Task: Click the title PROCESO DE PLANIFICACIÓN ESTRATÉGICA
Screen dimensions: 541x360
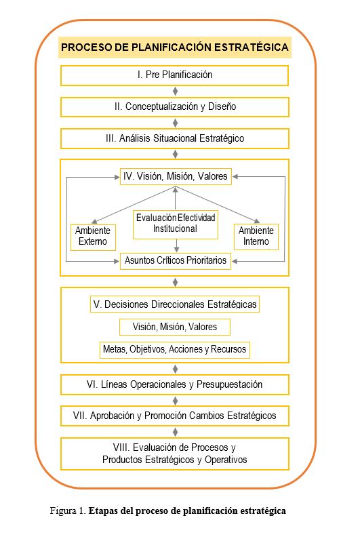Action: (176, 47)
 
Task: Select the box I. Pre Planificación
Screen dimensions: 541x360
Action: (176, 75)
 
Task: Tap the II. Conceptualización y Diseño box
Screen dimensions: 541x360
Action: (176, 106)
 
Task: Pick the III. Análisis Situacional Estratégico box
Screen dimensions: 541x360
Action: (176, 138)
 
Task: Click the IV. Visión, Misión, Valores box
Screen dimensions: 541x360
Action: (176, 176)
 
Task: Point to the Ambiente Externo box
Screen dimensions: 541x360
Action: (93, 236)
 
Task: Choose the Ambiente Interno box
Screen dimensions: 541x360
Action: (256, 236)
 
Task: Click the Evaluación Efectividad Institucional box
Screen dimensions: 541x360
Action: (176, 223)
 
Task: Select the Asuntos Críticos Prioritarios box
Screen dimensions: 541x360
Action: (176, 260)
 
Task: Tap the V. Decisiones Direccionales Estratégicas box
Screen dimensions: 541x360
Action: (176, 304)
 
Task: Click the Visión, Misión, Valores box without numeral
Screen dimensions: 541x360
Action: (176, 327)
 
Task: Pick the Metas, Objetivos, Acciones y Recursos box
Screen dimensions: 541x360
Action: (176, 350)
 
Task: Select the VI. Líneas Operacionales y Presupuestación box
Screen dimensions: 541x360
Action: (176, 384)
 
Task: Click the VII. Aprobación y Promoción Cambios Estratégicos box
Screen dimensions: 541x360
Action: (176, 415)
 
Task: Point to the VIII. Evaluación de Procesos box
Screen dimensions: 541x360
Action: (176, 454)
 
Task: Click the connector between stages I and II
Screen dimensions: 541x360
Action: (176, 91)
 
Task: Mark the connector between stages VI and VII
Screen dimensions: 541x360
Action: (176, 400)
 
